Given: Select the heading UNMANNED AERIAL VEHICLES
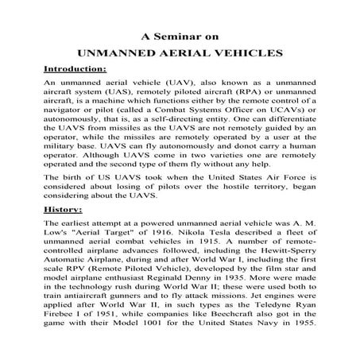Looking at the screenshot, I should point(180,53).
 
